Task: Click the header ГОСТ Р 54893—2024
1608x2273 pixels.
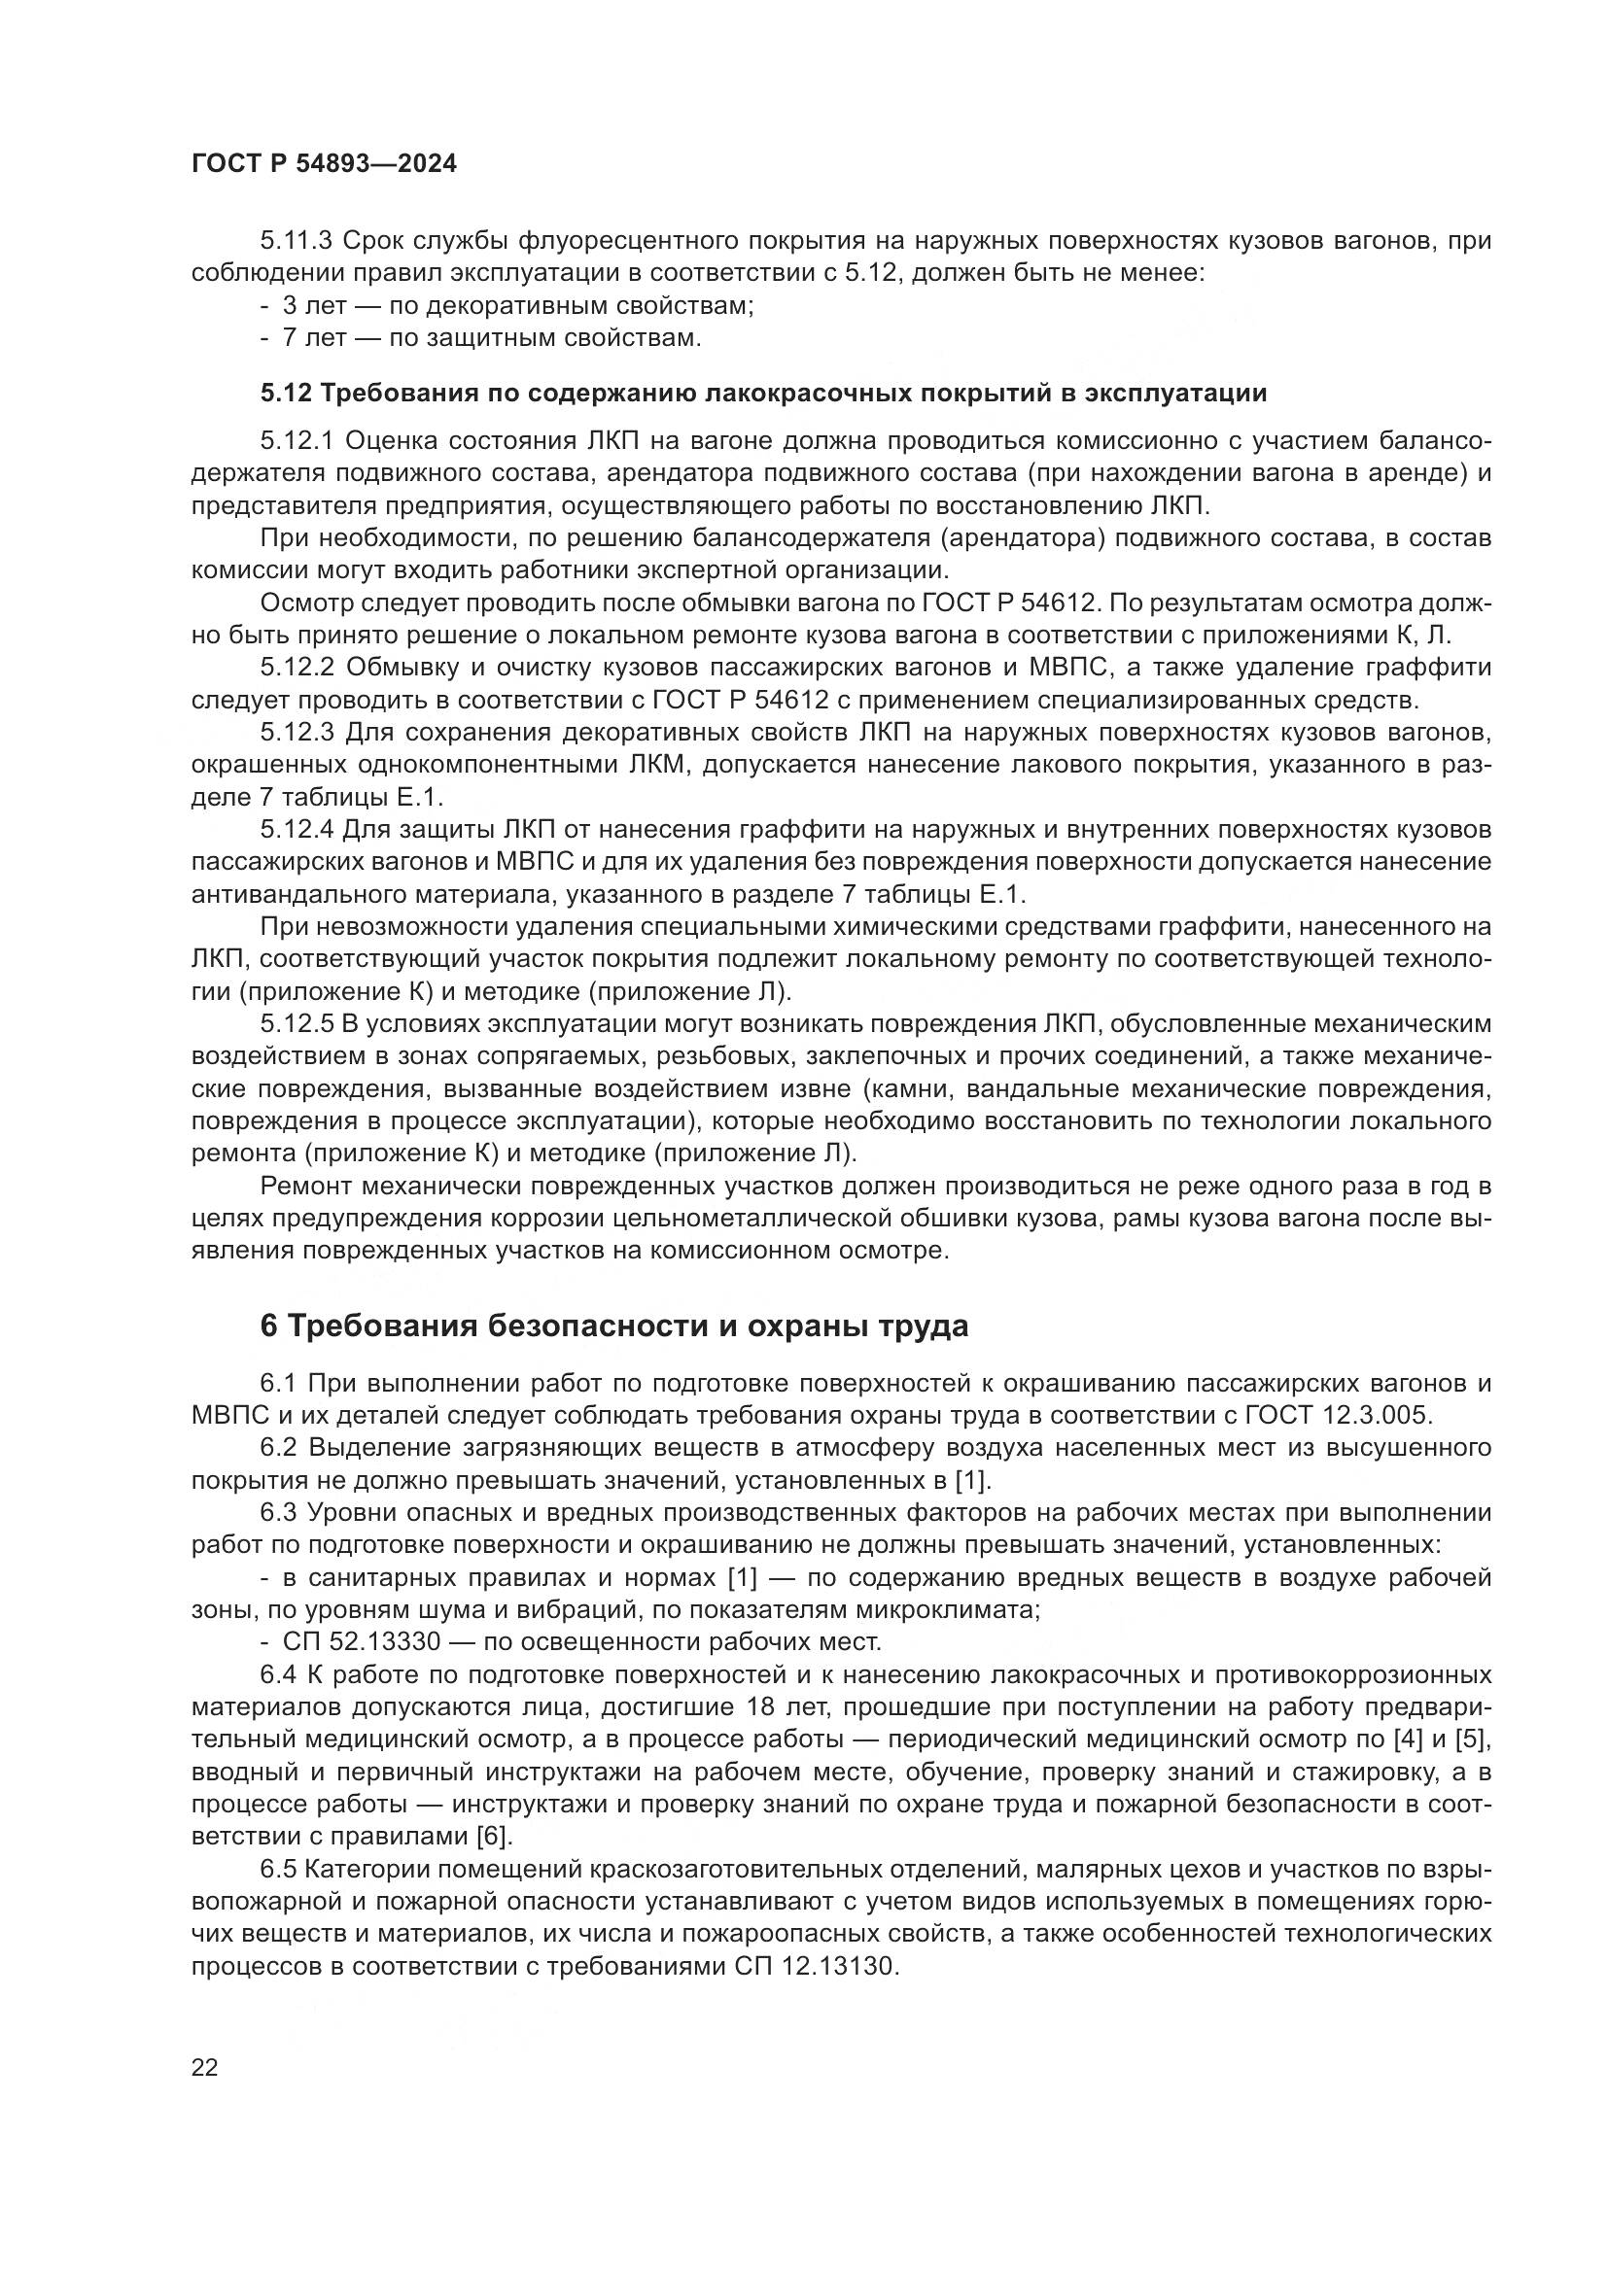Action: [x=324, y=164]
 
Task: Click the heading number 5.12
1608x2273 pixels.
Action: [x=286, y=393]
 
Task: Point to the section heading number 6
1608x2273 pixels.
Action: [x=269, y=1326]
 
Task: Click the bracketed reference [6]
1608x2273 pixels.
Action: [x=493, y=1837]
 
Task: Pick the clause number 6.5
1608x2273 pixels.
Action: [x=281, y=1869]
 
